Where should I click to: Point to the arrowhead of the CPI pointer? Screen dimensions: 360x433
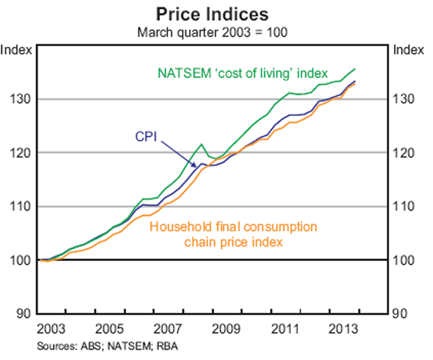coord(201,166)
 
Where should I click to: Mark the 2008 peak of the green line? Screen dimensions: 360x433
coord(201,144)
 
